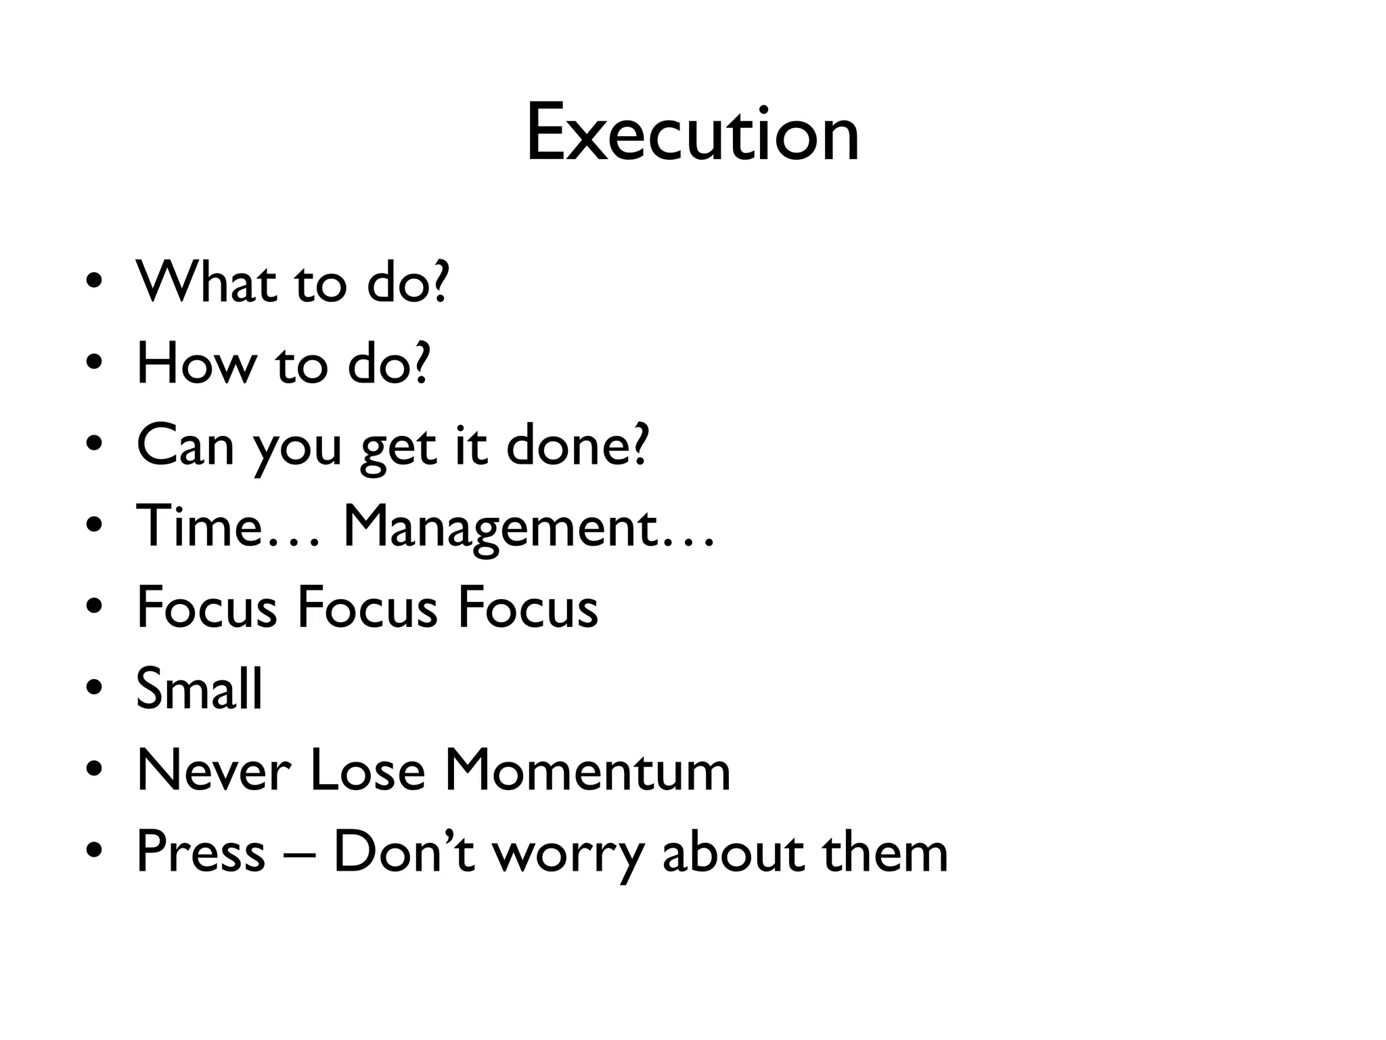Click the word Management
coord(501,526)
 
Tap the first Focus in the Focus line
coord(206,607)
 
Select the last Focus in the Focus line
coord(528,607)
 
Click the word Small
coord(199,689)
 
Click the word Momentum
coord(587,770)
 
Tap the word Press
coord(200,851)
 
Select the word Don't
coord(404,851)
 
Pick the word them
coord(885,851)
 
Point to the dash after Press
coord(299,854)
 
